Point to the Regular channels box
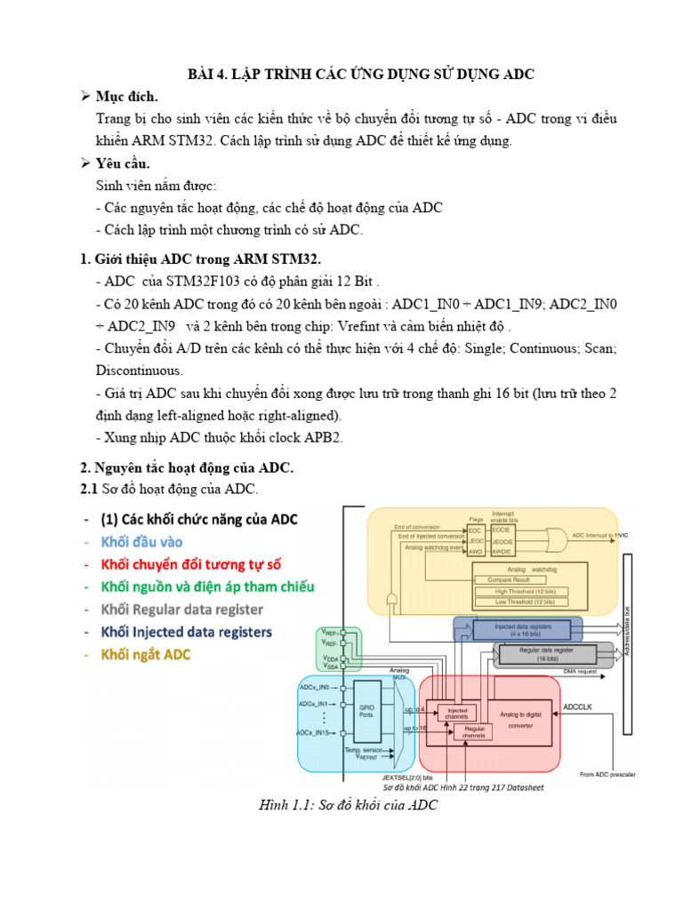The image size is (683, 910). click(474, 731)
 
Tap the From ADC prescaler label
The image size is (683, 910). click(607, 774)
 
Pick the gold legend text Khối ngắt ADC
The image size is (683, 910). click(146, 654)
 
